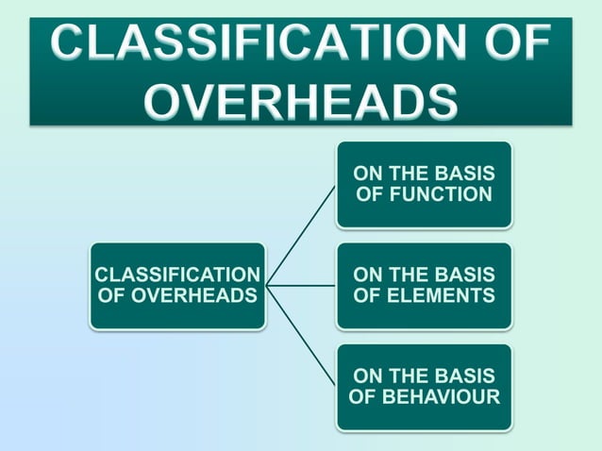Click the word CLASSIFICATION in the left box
[x=177, y=275]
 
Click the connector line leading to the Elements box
[x=301, y=285]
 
